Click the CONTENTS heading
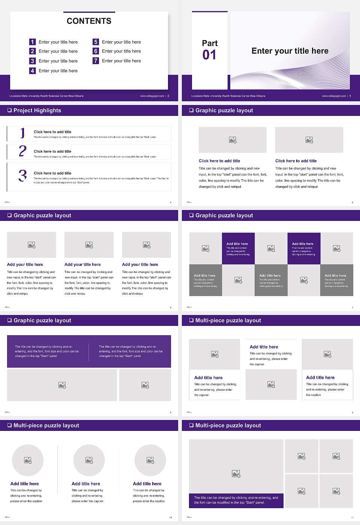(89, 21)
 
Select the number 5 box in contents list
(96, 42)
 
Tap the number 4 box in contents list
(32, 70)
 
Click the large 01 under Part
(209, 55)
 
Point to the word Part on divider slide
(210, 43)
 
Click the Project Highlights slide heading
(37, 110)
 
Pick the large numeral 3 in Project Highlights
(22, 175)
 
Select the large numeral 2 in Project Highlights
(22, 151)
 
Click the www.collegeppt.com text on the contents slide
(152, 96)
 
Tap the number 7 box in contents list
(96, 61)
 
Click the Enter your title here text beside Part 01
(290, 51)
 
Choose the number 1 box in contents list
(32, 42)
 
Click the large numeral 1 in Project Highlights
(22, 133)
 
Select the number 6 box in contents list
(96, 51)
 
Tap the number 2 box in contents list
(32, 51)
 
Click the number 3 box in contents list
(32, 61)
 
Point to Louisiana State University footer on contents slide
(46, 96)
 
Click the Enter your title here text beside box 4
(58, 70)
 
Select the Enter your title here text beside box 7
(121, 61)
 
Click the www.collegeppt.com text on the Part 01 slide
(334, 96)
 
